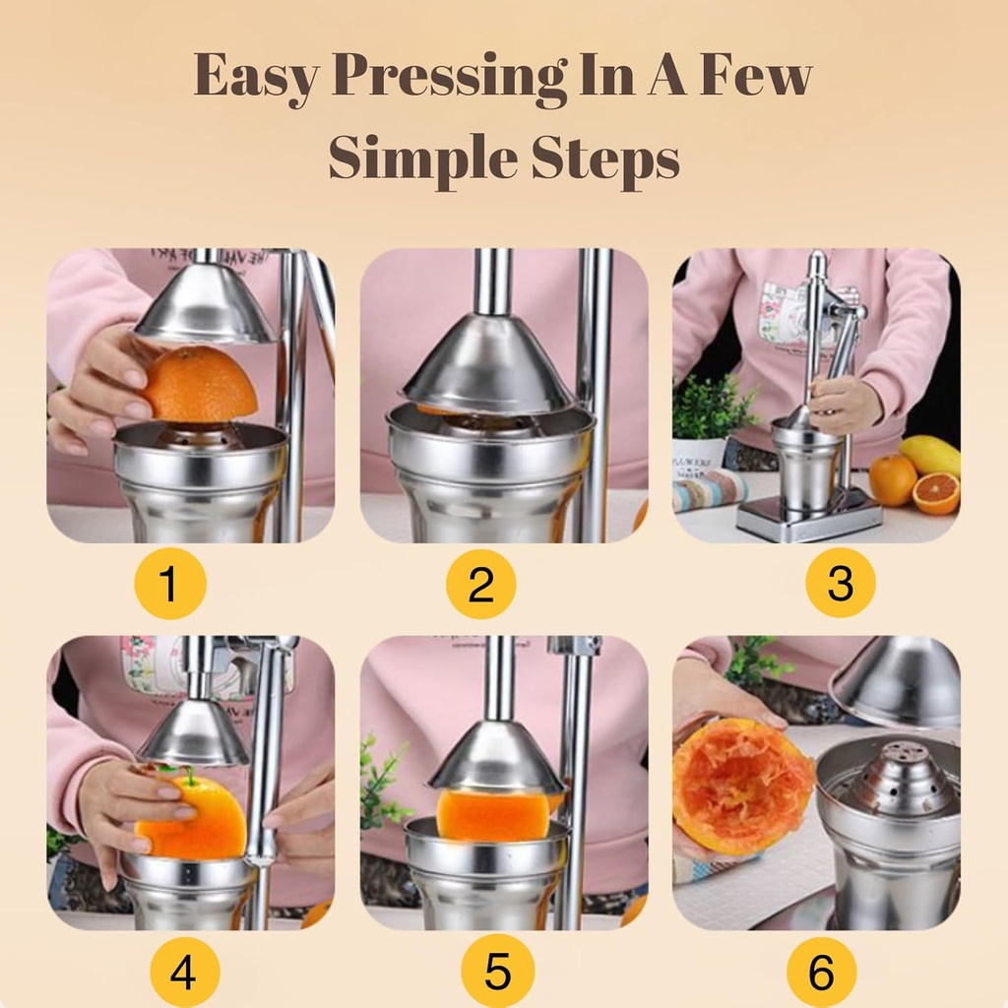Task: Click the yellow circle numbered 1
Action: [169, 584]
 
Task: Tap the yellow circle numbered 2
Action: [480, 584]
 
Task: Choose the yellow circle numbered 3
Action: [840, 584]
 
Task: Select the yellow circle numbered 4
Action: [184, 973]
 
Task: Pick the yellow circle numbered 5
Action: [498, 973]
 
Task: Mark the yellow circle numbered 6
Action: [821, 973]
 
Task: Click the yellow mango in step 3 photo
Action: [929, 454]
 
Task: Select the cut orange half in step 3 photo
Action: [936, 493]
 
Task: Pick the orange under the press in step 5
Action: [493, 813]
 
